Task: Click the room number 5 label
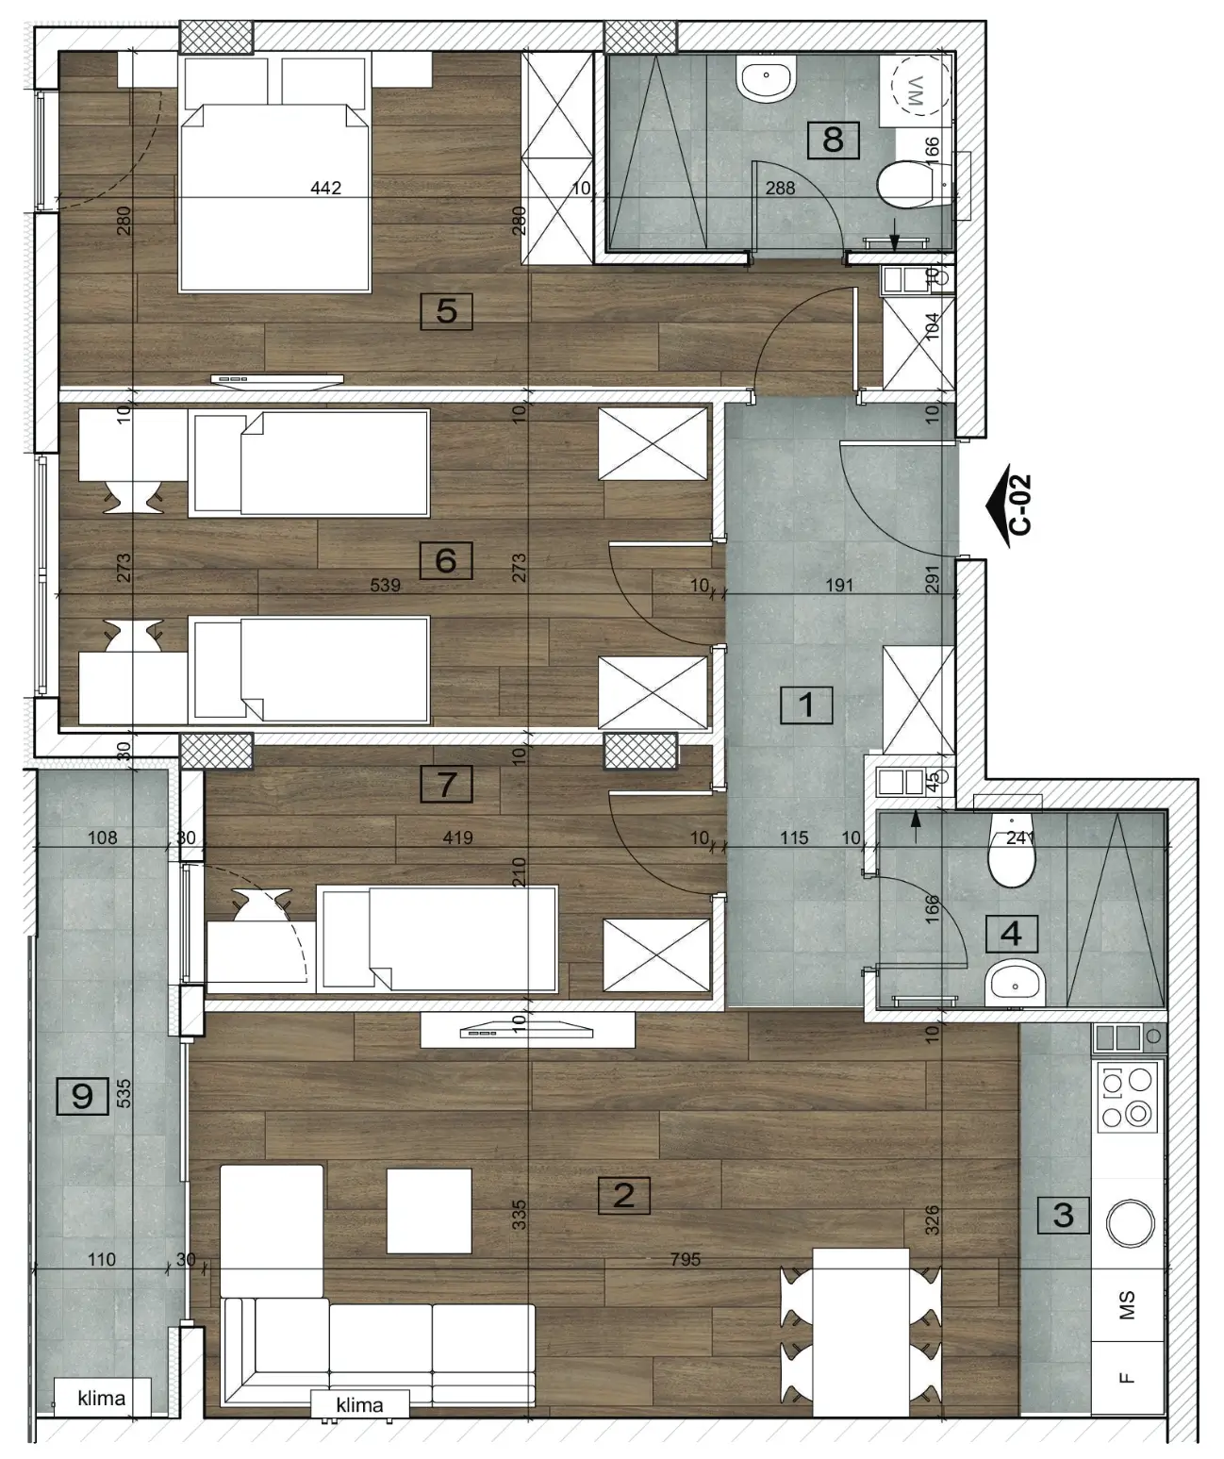point(446,311)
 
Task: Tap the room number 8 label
point(833,140)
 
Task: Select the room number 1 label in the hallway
point(806,705)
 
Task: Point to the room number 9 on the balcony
point(82,1096)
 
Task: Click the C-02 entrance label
point(1021,506)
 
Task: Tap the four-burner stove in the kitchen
point(1126,1096)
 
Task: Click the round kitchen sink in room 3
point(1130,1223)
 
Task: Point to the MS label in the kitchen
point(1126,1305)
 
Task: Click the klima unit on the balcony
point(102,1398)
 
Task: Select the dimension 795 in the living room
point(685,1259)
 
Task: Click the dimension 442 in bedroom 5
point(325,188)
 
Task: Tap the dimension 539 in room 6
point(385,585)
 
